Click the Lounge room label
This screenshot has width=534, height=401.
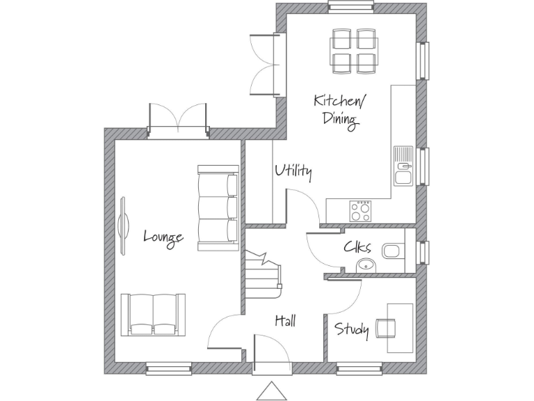tap(163, 237)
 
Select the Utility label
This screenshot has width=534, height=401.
tap(293, 171)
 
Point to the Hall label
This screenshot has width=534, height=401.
tap(285, 320)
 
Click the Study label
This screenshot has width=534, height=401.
tap(352, 329)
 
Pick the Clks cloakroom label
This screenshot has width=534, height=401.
tap(357, 247)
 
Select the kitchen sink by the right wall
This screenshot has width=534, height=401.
tap(403, 167)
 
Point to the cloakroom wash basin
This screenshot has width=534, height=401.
tap(366, 264)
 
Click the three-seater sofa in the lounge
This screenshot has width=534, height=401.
tap(218, 207)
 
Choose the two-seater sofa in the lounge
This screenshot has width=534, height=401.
tap(154, 314)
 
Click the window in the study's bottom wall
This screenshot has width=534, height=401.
tap(359, 367)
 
